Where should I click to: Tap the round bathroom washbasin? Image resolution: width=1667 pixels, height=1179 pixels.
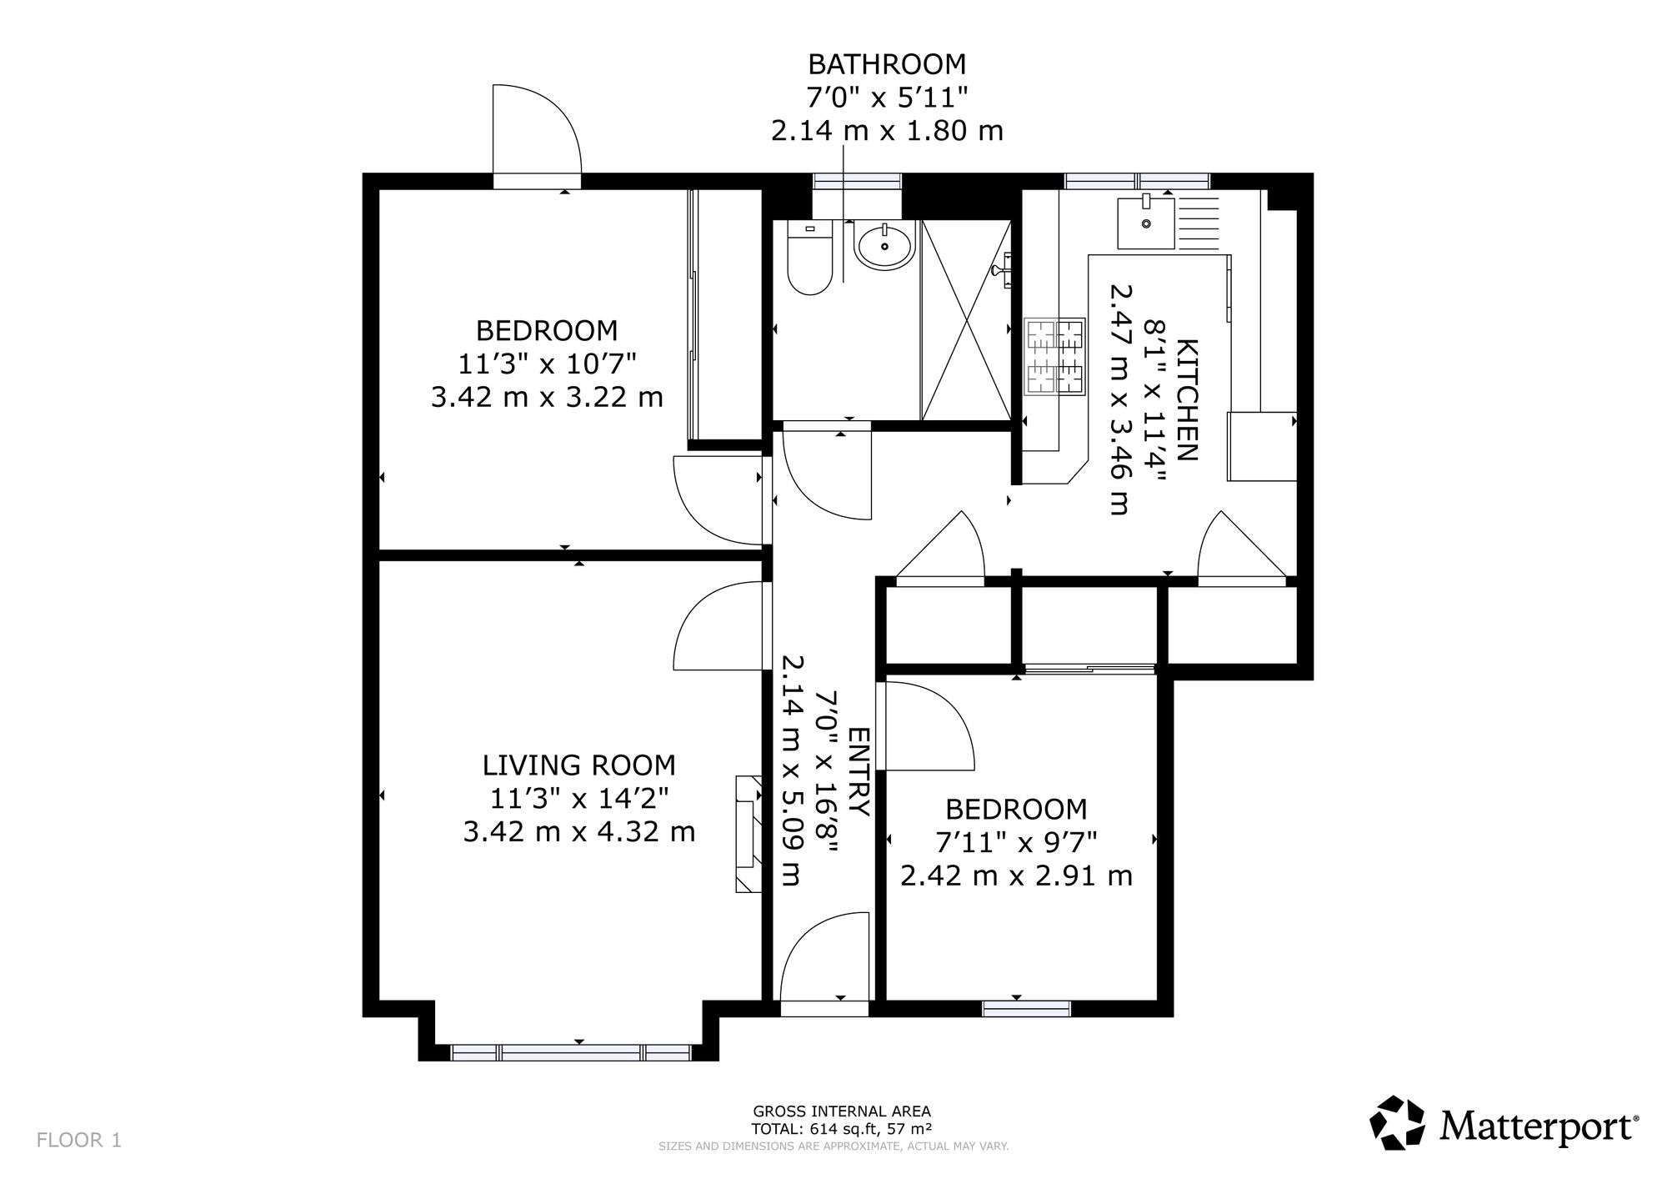pos(884,245)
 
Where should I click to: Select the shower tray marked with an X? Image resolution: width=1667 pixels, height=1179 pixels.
pos(965,320)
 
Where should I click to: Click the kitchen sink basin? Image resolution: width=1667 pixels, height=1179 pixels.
pos(1146,223)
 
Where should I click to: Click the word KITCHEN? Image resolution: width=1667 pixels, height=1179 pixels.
pos(1187,399)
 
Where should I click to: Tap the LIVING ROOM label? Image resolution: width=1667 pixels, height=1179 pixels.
pos(579,765)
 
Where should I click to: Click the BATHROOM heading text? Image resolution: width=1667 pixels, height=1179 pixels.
pos(887,64)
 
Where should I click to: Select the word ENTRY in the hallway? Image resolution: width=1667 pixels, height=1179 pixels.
pos(859,771)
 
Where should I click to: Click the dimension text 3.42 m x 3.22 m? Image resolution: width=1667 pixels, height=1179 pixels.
pos(547,397)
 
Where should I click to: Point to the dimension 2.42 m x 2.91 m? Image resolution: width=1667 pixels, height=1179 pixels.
pos(1016,875)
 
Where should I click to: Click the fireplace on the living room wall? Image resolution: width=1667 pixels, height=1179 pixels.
pos(748,834)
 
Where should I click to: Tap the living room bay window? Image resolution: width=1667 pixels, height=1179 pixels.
pos(571,1052)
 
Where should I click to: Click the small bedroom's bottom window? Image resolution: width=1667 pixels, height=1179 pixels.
pos(1026,1009)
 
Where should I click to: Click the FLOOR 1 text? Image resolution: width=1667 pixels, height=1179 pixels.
pos(79,1140)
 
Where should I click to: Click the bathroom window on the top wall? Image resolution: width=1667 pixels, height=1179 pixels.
pos(857,179)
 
